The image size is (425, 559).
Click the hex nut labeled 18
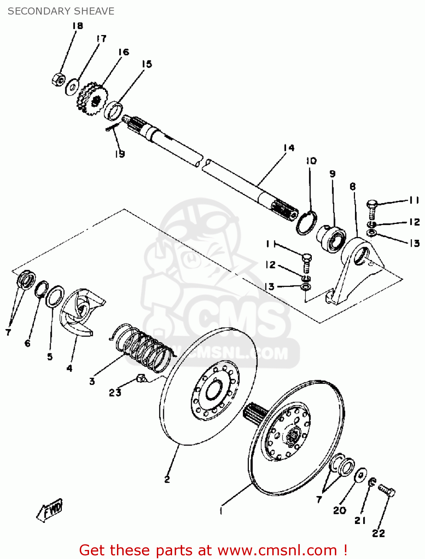pos(58,79)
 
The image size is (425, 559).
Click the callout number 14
pos(289,148)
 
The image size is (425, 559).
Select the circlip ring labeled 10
pos(307,223)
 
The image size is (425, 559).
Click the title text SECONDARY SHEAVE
pos(61,11)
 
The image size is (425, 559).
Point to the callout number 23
pos(115,392)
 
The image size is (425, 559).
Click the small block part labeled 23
pos(140,378)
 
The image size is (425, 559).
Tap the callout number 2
pos(167,479)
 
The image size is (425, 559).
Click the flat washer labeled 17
pos(72,87)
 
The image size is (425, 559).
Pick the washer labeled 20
pos(360,475)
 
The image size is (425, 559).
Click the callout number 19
pos(120,154)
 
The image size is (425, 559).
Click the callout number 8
pos(353,186)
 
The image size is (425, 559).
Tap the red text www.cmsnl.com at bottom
pos(277,550)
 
